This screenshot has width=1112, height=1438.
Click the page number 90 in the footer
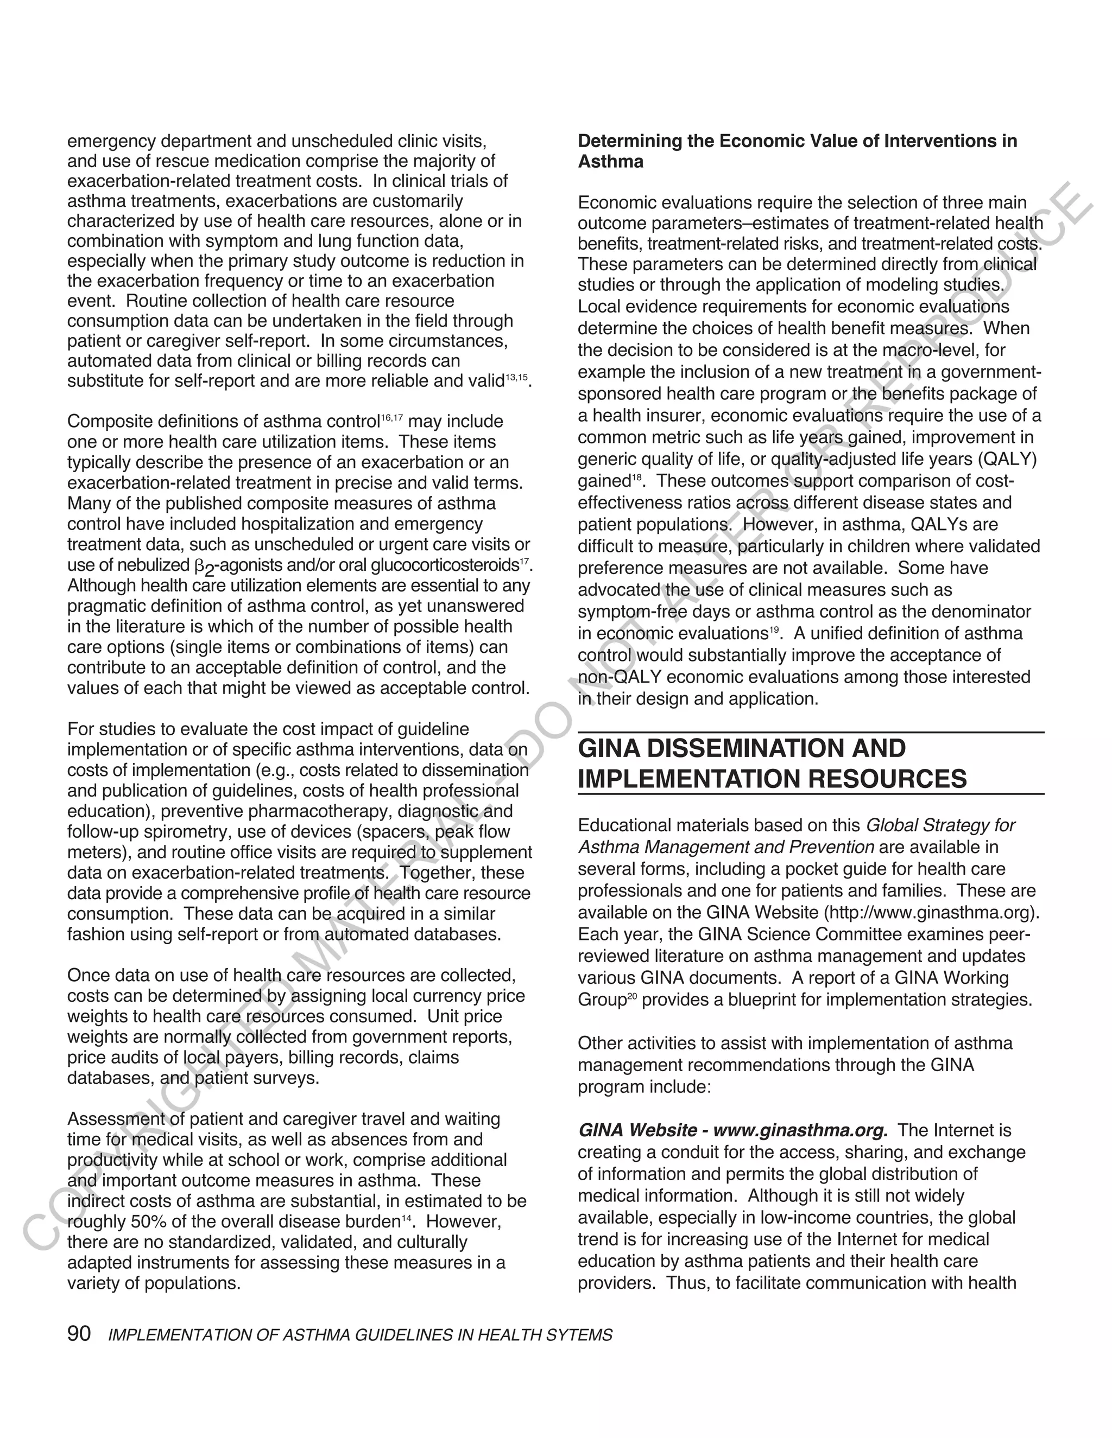pos(79,1334)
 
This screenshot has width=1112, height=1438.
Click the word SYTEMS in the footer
pos(584,1335)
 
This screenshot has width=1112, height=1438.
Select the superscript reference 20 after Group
pos(632,997)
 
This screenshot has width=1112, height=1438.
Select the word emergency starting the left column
pos(111,142)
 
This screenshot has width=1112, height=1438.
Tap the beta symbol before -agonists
pos(201,565)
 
